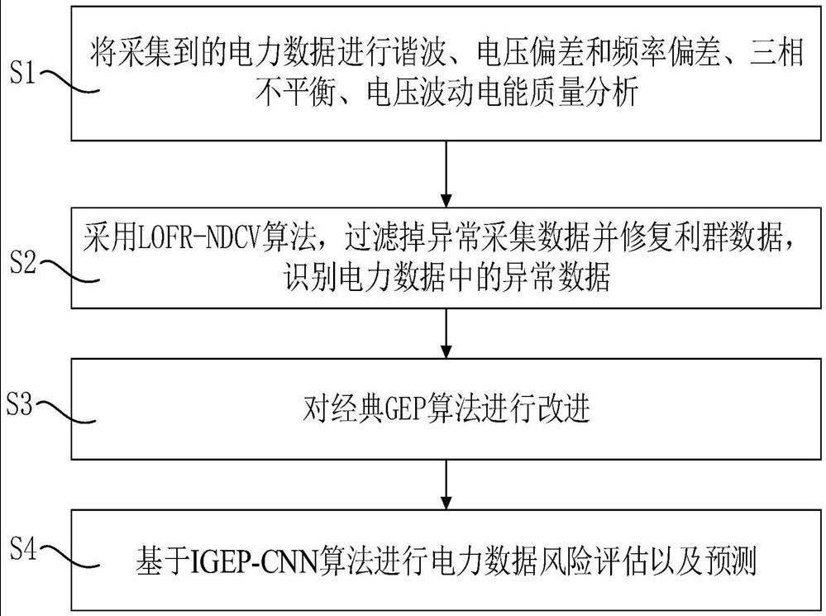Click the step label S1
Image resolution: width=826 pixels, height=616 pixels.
click(22, 76)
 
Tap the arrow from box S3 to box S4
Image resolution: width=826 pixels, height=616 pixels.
click(446, 484)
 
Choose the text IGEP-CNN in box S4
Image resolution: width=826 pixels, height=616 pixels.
click(250, 562)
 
